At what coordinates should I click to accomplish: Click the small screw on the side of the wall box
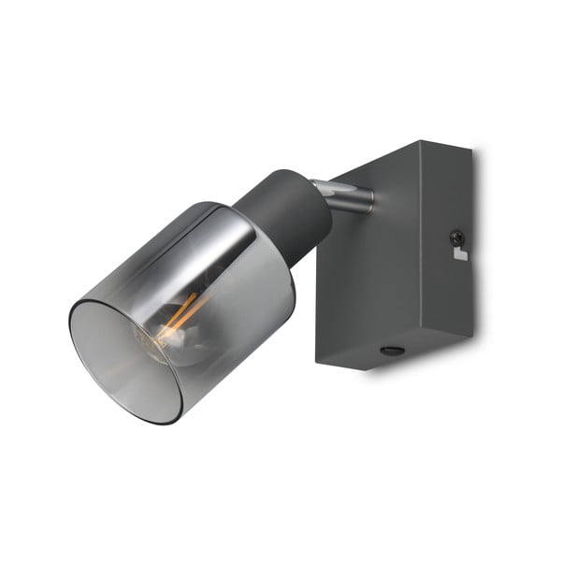click(x=455, y=237)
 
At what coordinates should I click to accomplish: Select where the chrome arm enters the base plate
click(x=369, y=198)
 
